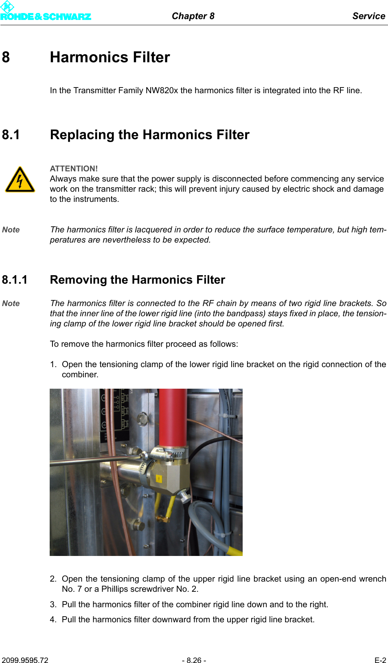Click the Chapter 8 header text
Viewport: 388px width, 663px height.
pyautogui.click(x=193, y=16)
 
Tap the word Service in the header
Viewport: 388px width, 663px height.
pyautogui.click(x=368, y=16)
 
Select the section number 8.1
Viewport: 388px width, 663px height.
pyautogui.click(x=11, y=135)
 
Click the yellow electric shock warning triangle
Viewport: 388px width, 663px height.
pyautogui.click(x=20, y=180)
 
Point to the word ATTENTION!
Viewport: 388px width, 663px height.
pyautogui.click(x=74, y=168)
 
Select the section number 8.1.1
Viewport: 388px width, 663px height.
pyautogui.click(x=15, y=280)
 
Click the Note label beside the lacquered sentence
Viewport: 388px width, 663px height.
pyautogui.click(x=11, y=230)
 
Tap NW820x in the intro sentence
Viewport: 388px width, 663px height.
pyautogui.click(x=162, y=90)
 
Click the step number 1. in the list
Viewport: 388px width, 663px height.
pyautogui.click(x=53, y=364)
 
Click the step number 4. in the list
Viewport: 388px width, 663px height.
pyautogui.click(x=53, y=619)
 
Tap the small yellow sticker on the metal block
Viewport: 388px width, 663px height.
pyautogui.click(x=159, y=479)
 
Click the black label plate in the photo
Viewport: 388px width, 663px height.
pyautogui.click(x=114, y=415)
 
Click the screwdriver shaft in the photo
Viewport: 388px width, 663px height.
pyautogui.click(x=90, y=461)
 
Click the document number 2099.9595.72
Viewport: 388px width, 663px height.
pyautogui.click(x=25, y=660)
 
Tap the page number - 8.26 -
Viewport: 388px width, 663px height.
pyautogui.click(x=194, y=660)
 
